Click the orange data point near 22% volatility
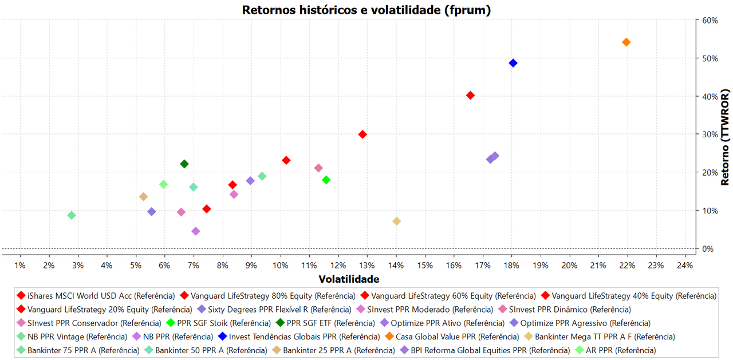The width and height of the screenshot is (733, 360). (626, 42)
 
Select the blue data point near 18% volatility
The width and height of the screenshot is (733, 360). (513, 63)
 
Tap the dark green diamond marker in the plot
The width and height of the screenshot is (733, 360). (184, 164)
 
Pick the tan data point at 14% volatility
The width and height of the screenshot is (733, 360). (396, 221)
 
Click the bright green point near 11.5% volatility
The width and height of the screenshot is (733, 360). (326, 180)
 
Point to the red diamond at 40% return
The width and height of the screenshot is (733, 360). (470, 96)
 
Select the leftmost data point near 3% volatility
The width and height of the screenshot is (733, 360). (72, 215)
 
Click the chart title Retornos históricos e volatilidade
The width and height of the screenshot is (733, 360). (366, 10)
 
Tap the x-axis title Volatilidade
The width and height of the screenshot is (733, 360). (348, 279)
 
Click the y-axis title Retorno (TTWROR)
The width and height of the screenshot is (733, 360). (725, 137)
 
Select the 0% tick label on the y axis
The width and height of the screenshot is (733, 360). (708, 249)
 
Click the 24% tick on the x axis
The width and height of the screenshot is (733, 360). (685, 266)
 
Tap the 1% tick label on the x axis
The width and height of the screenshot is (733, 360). (20, 266)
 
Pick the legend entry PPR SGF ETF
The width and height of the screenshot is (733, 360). (330, 323)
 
